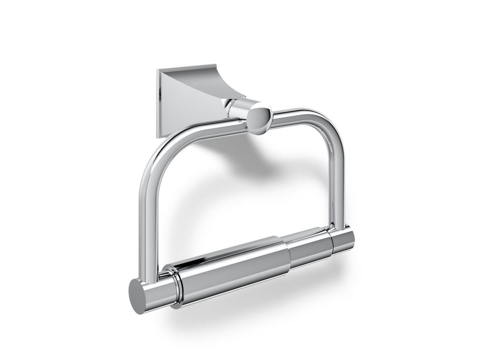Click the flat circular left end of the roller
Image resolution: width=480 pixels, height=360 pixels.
point(139,295)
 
